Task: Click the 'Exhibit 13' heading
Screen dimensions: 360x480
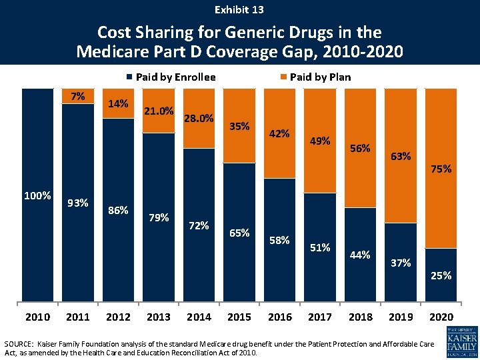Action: (x=239, y=9)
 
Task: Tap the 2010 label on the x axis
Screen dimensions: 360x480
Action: (x=37, y=317)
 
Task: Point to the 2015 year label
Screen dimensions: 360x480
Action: (x=239, y=317)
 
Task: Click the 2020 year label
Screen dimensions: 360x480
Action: (x=441, y=317)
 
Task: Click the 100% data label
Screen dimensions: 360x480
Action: (x=37, y=195)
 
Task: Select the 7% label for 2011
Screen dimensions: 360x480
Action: (x=78, y=96)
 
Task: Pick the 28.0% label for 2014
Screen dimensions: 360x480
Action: (x=199, y=118)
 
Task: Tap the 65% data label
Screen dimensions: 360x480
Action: (x=239, y=233)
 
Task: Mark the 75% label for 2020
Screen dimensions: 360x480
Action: (x=441, y=169)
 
